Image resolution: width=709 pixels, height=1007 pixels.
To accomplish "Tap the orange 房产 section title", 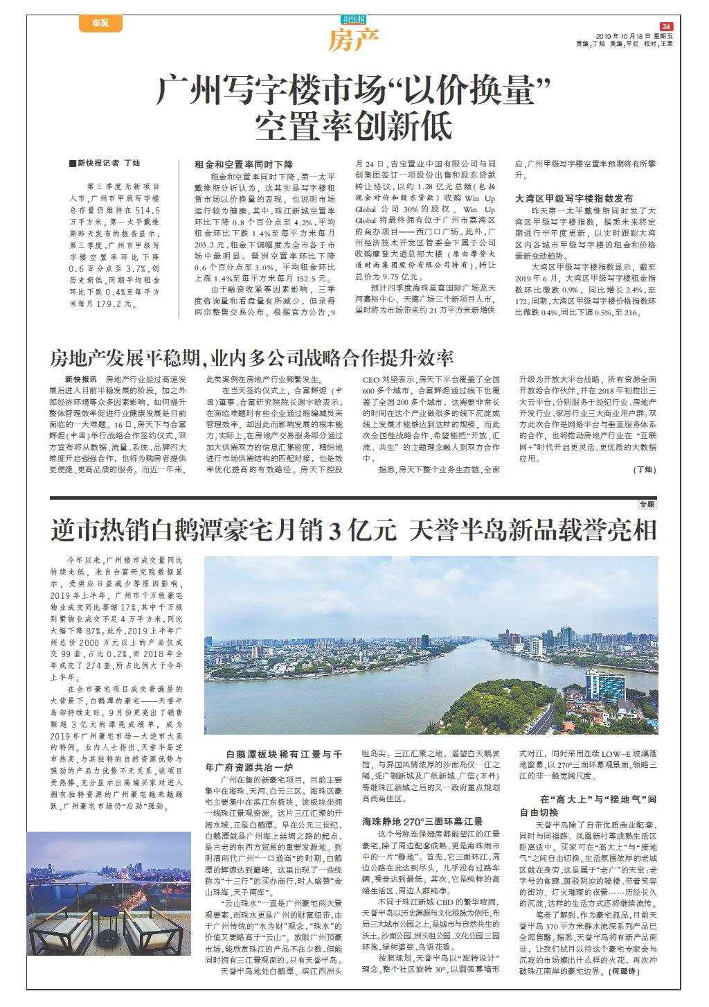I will [x=354, y=42].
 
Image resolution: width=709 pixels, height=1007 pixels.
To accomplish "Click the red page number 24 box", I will [x=666, y=26].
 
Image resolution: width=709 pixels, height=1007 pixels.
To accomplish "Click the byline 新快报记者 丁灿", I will [x=105, y=164].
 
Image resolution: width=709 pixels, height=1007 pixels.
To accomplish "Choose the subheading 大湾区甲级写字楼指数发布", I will [x=574, y=198].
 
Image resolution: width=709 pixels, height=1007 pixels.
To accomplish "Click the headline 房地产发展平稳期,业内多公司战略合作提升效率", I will [x=251, y=358].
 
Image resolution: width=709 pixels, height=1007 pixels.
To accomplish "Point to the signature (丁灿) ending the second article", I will [x=643, y=470].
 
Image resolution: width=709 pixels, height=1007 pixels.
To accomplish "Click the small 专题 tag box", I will [x=647, y=505].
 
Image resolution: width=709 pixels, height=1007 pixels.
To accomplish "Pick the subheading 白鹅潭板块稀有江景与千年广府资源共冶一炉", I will [x=274, y=760].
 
